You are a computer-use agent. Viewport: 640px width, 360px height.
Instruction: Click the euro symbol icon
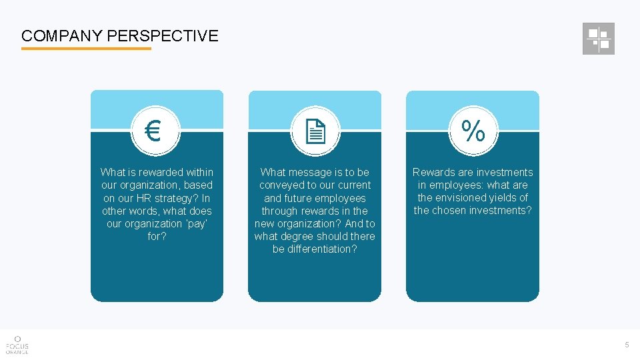pyautogui.click(x=153, y=131)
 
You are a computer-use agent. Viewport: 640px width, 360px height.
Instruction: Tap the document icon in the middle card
pyautogui.click(x=315, y=131)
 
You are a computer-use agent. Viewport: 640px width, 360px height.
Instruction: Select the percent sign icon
pyautogui.click(x=473, y=131)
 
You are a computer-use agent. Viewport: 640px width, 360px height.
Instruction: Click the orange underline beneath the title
pyautogui.click(x=86, y=49)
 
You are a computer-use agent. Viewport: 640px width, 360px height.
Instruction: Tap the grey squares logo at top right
pyautogui.click(x=598, y=39)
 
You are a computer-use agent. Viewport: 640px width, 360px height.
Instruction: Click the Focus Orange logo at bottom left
pyautogui.click(x=17, y=343)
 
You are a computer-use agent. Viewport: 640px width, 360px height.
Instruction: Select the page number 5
pyautogui.click(x=627, y=345)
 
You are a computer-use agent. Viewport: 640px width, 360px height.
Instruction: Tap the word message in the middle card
pyautogui.click(x=313, y=172)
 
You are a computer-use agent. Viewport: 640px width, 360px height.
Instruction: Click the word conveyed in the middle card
pyautogui.click(x=280, y=185)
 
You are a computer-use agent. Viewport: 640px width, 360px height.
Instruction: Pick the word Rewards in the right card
pyautogui.click(x=433, y=172)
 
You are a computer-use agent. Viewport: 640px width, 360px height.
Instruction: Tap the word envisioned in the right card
pyautogui.click(x=459, y=197)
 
